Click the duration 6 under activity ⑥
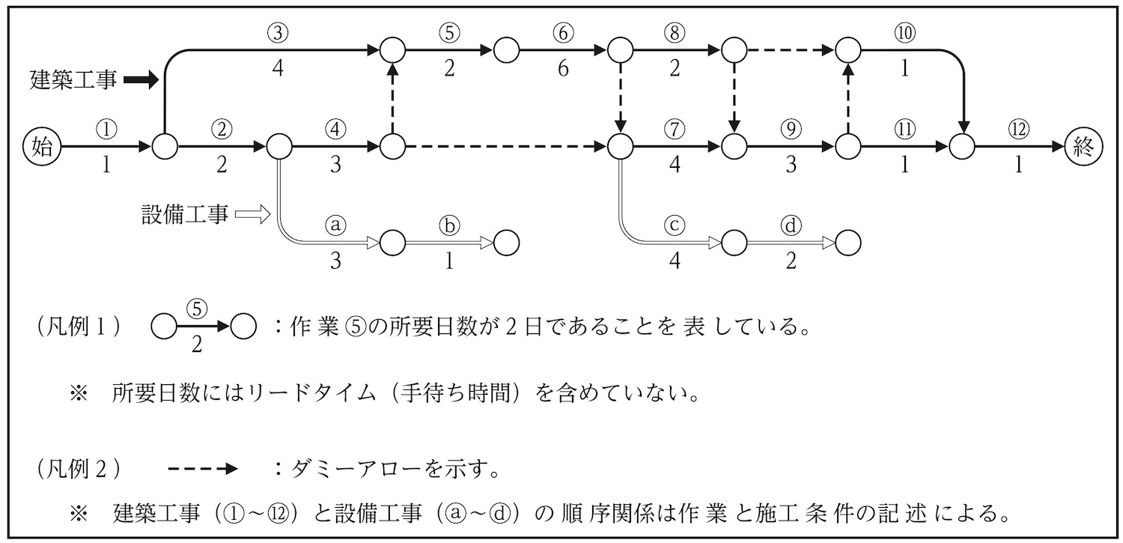click(x=563, y=70)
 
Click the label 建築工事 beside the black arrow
click(x=73, y=79)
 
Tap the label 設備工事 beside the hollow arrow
click(x=184, y=215)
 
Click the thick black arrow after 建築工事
click(x=141, y=79)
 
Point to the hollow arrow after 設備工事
click(x=252, y=215)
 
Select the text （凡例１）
click(x=79, y=327)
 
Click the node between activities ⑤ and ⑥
click(x=506, y=51)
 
